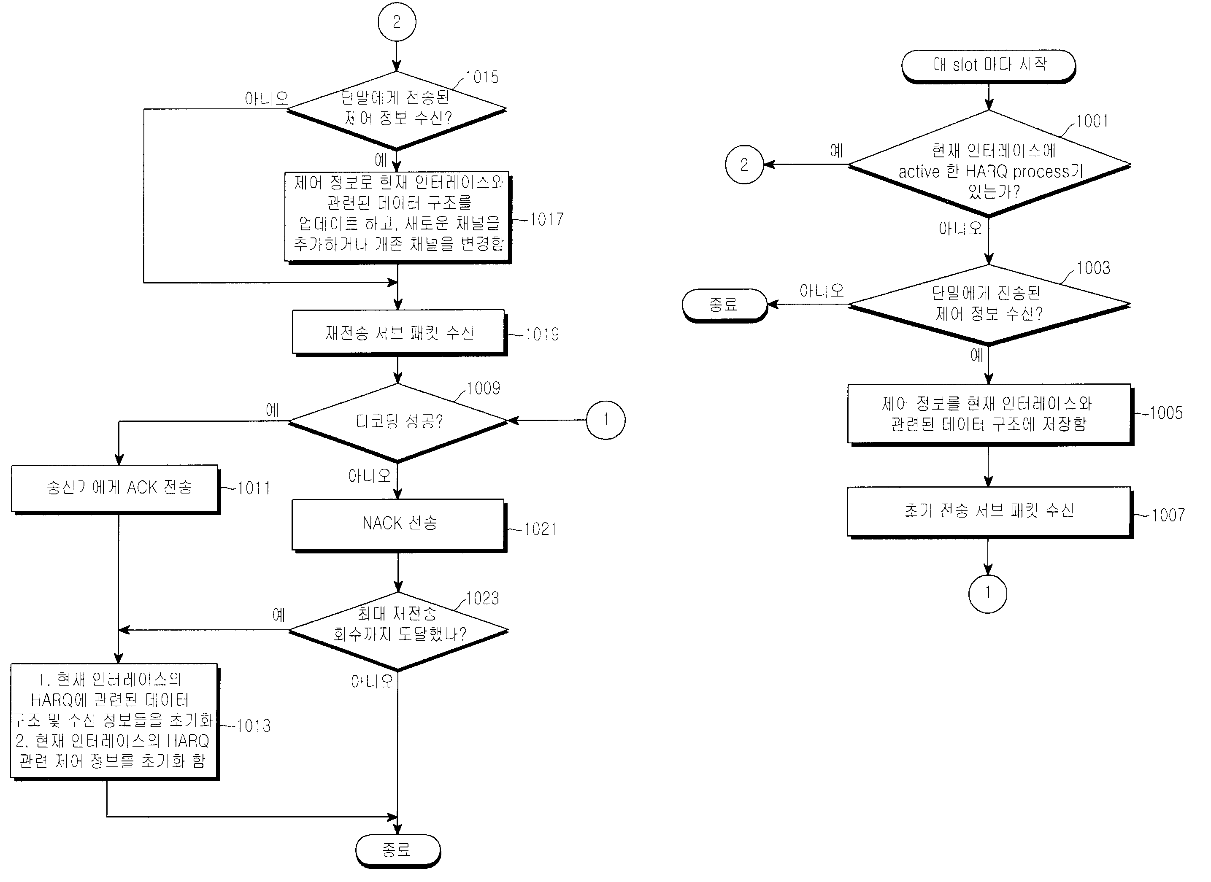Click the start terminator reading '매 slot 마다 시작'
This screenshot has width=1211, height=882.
point(988,65)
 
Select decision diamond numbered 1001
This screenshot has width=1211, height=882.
point(989,165)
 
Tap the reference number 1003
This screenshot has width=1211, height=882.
point(1092,268)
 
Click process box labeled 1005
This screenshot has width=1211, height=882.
point(989,414)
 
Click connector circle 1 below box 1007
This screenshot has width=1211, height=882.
point(987,593)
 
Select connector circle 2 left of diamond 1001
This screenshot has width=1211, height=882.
point(744,165)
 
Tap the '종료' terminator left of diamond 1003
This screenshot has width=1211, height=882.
point(724,305)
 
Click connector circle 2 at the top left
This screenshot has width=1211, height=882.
point(396,22)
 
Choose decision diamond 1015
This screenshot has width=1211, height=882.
point(396,109)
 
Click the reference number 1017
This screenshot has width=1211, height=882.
point(546,219)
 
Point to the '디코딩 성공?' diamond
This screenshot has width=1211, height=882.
point(398,422)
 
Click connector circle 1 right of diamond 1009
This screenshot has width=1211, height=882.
point(605,420)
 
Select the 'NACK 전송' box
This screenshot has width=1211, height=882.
point(398,524)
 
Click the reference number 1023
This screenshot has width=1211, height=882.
point(482,599)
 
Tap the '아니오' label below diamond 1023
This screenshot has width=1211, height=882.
point(372,681)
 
